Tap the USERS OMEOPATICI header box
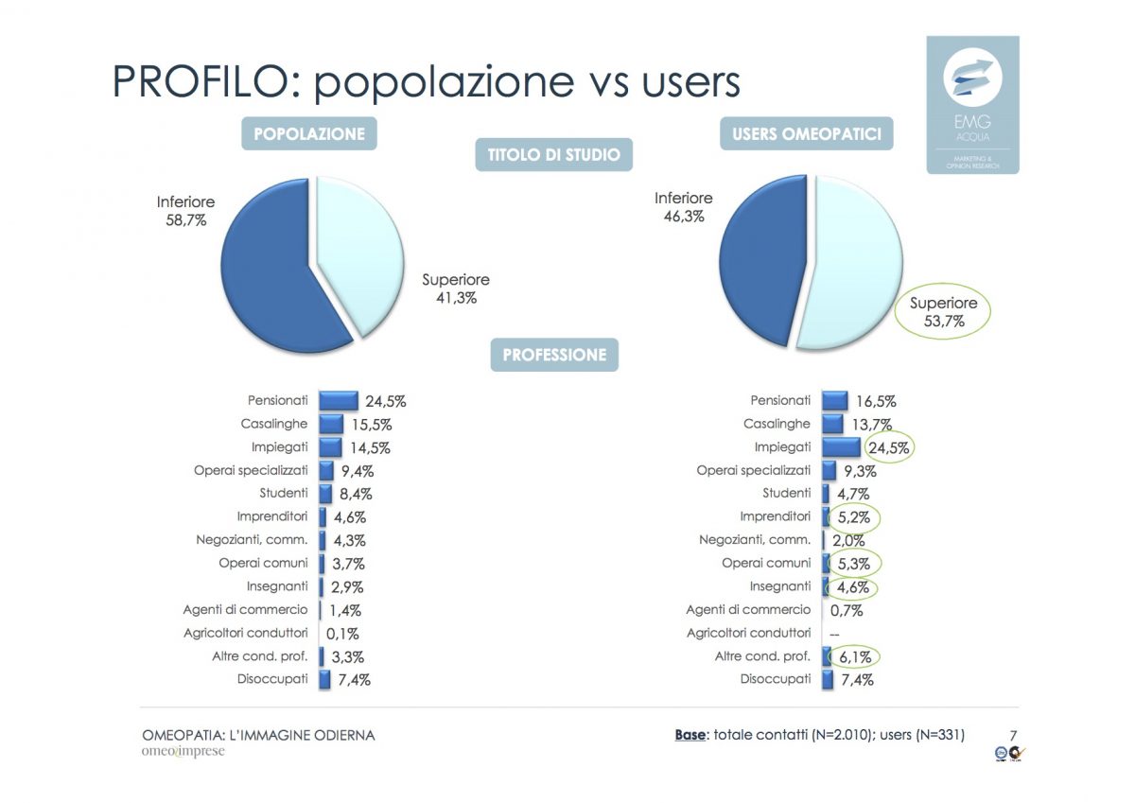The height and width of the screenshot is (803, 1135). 806,133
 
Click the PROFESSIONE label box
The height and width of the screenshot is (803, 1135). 554,356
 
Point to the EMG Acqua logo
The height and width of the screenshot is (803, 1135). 972,104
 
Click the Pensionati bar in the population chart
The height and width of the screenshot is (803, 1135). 339,401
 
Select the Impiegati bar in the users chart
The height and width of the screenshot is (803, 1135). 841,447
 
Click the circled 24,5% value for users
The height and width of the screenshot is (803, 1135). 888,447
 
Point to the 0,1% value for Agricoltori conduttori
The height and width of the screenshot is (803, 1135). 342,634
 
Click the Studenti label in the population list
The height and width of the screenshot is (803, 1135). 284,493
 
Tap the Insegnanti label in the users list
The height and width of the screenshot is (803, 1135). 780,586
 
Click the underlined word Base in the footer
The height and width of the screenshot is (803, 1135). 690,735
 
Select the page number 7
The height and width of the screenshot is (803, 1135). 1013,735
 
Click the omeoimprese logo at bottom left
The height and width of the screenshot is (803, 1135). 183,752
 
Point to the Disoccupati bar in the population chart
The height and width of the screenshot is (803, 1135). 325,679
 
